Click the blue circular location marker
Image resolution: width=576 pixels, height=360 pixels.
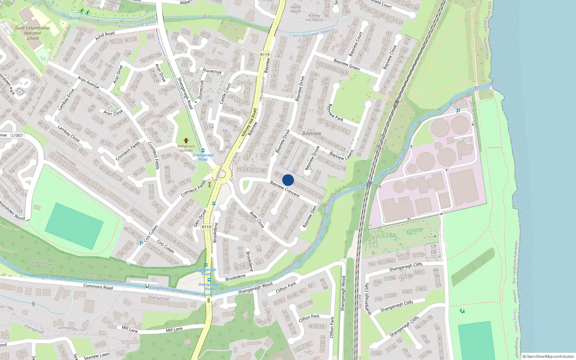pos(288,180)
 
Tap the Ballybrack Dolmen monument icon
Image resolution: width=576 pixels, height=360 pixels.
pos(186,141)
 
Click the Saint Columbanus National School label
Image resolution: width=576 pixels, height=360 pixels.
pos(32,33)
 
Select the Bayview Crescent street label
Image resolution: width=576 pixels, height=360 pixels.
pos(285,189)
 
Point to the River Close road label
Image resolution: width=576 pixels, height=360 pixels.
pos(257,220)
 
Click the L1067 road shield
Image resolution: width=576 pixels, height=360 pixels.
pos(17,135)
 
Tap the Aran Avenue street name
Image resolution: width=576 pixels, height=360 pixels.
pos(89,82)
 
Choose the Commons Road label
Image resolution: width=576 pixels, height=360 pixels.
pos(98,287)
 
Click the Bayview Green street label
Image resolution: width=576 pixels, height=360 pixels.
pos(347,64)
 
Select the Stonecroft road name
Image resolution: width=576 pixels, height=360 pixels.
pos(212,71)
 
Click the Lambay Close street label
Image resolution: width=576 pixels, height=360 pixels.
pos(69,133)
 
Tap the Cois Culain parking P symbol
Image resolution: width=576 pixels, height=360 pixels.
pos(141,243)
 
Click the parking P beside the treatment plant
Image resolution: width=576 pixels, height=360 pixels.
pos(458,111)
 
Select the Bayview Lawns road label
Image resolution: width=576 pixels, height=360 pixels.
pos(342,155)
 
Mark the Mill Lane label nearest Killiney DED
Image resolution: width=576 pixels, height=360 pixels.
pos(130,329)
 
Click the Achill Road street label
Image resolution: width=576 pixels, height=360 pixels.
pos(105,36)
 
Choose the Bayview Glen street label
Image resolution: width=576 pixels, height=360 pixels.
pos(310,217)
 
